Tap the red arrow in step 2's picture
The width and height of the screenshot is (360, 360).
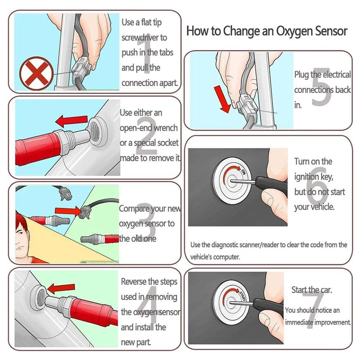click(72, 120)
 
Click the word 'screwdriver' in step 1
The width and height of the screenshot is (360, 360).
click(144, 38)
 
